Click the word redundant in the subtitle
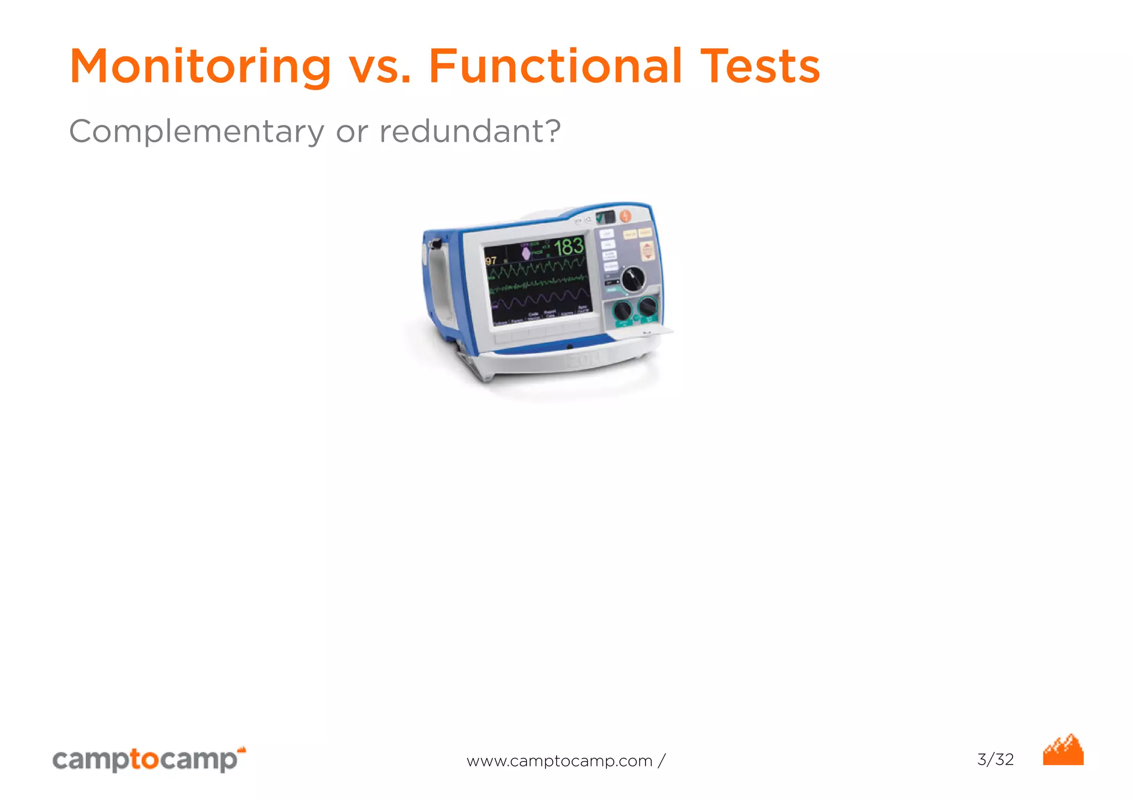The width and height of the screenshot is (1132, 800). (x=469, y=131)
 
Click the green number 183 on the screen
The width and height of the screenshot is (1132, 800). (x=569, y=247)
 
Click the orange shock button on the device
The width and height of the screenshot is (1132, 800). (x=626, y=217)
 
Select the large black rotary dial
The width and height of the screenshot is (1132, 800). (x=633, y=280)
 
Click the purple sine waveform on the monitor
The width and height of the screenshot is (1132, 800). (x=539, y=300)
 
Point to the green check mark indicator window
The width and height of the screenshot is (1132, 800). (x=605, y=217)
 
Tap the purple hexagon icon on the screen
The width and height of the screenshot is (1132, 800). (x=526, y=253)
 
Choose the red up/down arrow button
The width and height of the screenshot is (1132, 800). (x=647, y=250)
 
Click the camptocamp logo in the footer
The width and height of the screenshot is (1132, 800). (x=149, y=759)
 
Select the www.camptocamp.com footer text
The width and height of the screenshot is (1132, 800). (x=565, y=761)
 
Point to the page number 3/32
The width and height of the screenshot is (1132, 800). (x=995, y=759)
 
